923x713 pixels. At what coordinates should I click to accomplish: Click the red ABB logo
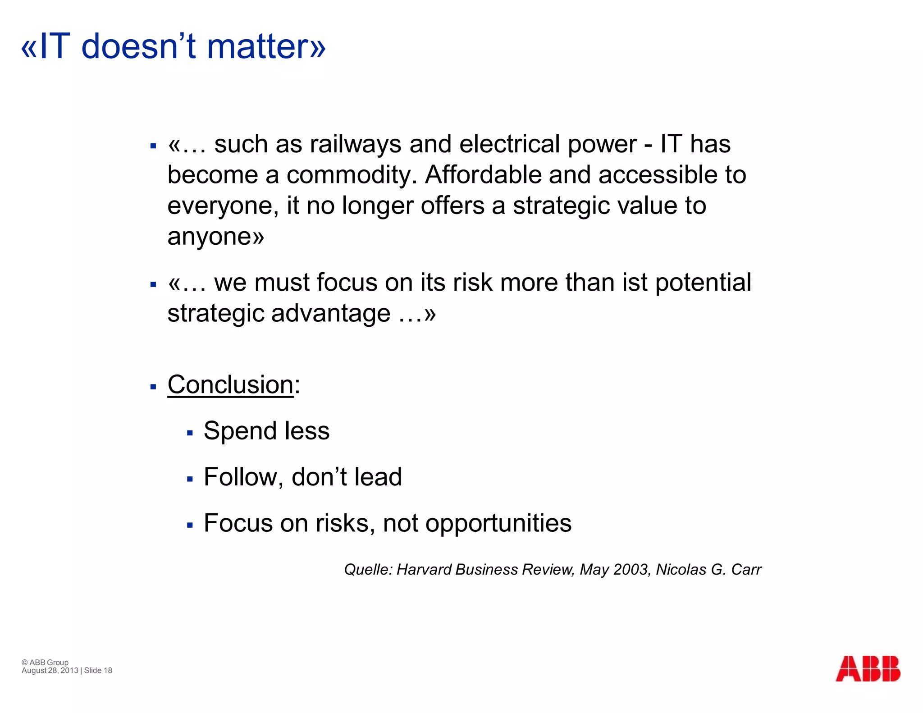click(868, 668)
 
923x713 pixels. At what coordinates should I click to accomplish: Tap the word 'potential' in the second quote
click(703, 283)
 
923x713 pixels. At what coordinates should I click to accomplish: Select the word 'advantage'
click(331, 313)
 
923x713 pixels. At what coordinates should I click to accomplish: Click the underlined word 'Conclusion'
click(230, 385)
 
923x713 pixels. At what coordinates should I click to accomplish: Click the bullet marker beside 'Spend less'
click(190, 433)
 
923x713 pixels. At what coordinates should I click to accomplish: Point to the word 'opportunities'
click(498, 524)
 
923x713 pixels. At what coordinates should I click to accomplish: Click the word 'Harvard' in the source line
click(424, 570)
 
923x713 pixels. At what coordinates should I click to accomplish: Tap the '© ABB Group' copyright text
click(45, 662)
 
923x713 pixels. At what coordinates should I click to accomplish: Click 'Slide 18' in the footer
click(98, 671)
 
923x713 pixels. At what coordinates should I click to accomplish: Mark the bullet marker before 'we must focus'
click(153, 284)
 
